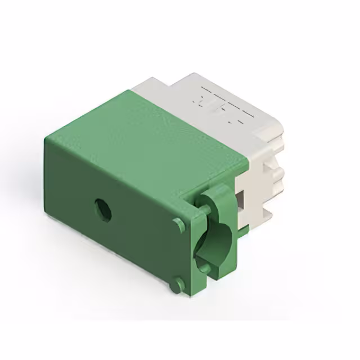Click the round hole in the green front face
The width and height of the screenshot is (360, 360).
[x=102, y=209]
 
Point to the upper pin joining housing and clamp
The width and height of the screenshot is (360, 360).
[x=204, y=212]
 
